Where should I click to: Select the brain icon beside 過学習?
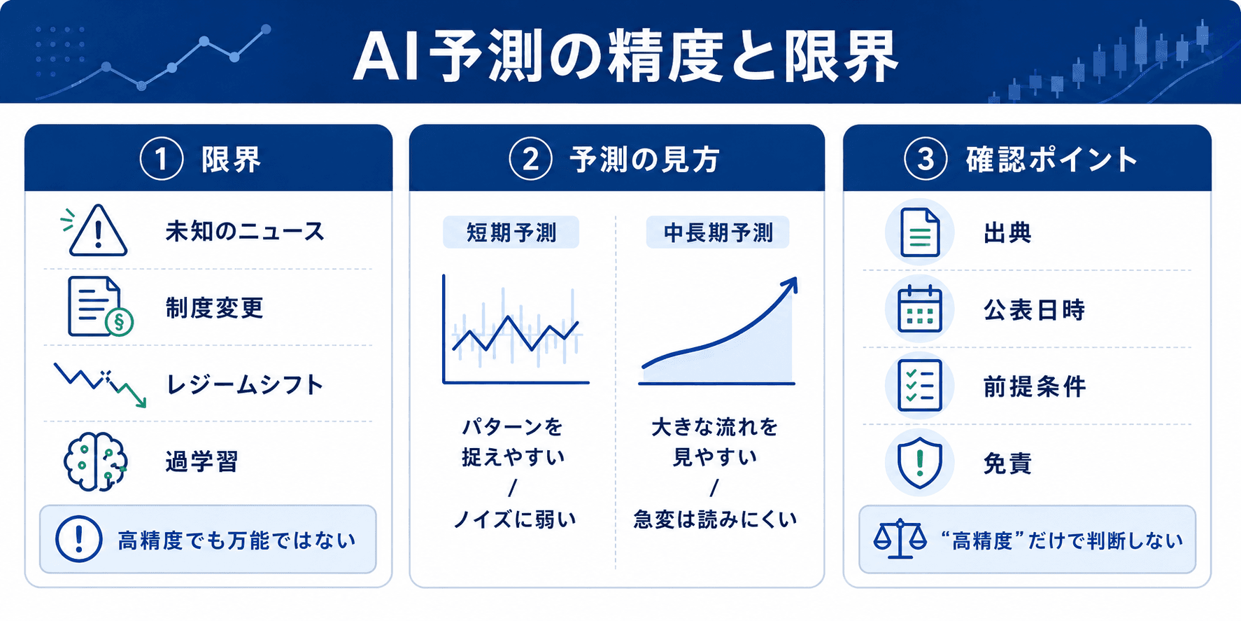95,461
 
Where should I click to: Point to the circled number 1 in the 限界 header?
162,159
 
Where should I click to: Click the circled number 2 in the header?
530,159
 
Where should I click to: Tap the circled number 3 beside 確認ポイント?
926,159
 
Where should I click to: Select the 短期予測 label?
511,232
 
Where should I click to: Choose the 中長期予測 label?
718,232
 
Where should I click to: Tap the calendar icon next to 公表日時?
920,309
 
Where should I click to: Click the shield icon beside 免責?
920,463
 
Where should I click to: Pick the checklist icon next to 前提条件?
920,386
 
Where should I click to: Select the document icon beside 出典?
920,232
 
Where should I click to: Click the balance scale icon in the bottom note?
900,538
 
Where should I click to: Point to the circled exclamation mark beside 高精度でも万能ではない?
79,539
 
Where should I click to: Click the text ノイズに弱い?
514,519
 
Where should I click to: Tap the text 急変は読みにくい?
715,519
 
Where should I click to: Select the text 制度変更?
215,307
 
